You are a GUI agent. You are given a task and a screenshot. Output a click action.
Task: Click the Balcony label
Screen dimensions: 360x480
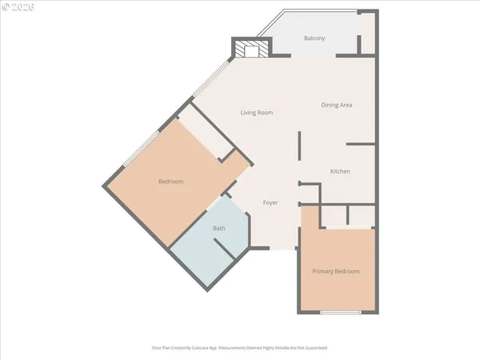tap(314, 38)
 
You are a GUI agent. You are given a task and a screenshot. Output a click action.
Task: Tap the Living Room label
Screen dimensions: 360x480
tap(257, 113)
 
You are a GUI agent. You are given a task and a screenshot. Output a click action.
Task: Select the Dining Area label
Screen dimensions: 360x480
tap(337, 105)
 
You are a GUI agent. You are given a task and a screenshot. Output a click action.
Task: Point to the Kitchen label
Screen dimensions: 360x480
tap(341, 172)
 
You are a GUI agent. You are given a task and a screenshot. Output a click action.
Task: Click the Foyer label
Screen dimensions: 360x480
tap(270, 202)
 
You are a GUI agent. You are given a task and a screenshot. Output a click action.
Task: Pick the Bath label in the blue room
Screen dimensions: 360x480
tap(218, 229)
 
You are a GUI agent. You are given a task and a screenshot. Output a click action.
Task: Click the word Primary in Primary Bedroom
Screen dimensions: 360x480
tap(323, 271)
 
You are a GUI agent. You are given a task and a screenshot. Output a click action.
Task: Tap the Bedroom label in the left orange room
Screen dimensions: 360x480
tap(170, 182)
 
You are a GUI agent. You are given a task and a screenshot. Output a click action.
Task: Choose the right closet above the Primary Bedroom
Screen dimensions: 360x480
tap(362, 215)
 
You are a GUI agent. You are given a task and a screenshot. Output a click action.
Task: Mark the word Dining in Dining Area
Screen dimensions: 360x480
tap(330, 105)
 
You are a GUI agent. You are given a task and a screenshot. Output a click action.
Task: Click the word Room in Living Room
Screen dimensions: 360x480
tap(265, 113)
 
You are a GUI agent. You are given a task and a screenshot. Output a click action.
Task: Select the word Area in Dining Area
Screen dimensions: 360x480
tap(346, 105)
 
